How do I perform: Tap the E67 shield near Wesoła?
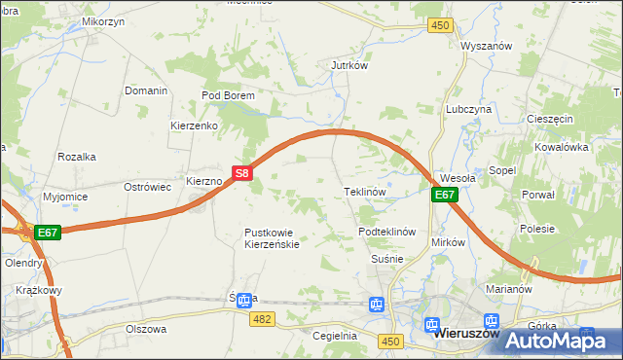pos(444,195)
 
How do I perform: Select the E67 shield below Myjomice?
pos(49,233)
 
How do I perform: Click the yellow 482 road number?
pos(261,318)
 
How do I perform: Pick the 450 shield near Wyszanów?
pos(441,25)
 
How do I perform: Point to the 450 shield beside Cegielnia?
pos(391,340)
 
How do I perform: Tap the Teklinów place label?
pos(366,192)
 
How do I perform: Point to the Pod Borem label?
pos(228,95)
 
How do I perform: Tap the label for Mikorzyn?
pos(103,20)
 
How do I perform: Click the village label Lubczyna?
pos(468,110)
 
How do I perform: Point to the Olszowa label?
pos(146,329)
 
